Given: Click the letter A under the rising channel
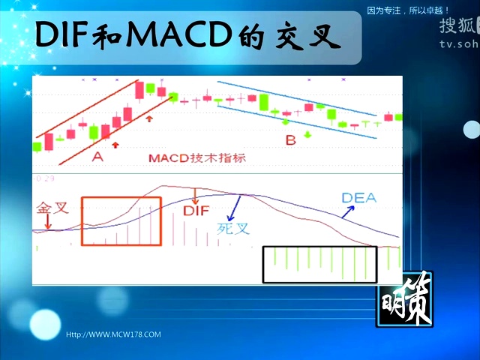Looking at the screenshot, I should [x=97, y=157].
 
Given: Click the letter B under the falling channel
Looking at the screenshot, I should [x=290, y=139].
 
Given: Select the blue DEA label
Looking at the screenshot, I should [x=358, y=199].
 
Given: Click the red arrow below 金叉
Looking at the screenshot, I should [x=48, y=223].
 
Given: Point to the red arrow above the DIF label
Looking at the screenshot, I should [x=196, y=196].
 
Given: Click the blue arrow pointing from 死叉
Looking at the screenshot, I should [x=235, y=206].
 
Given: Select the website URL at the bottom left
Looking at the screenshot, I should [x=113, y=334].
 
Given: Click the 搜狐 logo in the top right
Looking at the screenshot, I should [x=457, y=25].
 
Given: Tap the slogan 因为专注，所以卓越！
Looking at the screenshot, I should [x=408, y=10].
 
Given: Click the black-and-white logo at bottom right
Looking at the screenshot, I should [x=404, y=301].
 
